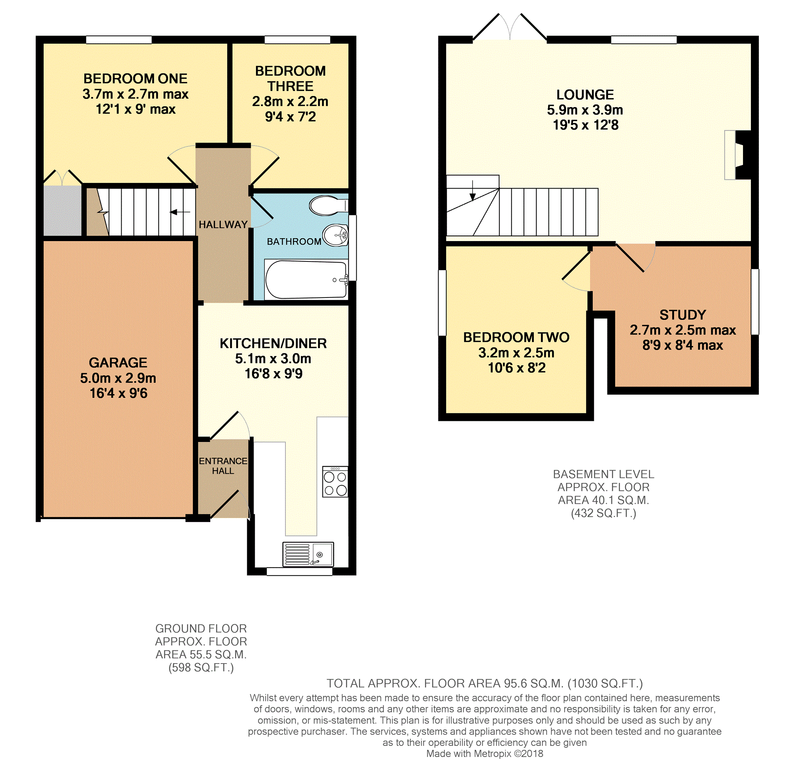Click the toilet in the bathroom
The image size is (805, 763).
click(x=328, y=205)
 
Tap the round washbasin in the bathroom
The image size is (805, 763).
click(x=336, y=235)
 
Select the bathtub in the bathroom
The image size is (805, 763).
click(x=306, y=279)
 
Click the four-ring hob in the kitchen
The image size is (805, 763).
click(x=335, y=482)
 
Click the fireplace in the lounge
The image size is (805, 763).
click(x=737, y=155)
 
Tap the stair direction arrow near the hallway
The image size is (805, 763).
click(x=180, y=212)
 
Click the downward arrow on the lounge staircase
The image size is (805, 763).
click(x=473, y=190)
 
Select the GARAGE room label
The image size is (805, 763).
click(x=118, y=362)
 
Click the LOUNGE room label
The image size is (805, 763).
click(x=585, y=95)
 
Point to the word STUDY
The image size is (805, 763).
click(x=683, y=315)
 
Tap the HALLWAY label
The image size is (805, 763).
click(x=223, y=224)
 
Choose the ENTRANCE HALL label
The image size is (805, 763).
click(x=223, y=466)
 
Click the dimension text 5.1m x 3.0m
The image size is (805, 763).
click(x=273, y=359)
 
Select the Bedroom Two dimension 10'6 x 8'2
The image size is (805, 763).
click(x=516, y=368)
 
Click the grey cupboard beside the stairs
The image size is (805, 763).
click(x=62, y=211)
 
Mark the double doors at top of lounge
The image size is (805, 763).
click(x=510, y=27)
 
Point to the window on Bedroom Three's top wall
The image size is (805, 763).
click(x=297, y=39)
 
